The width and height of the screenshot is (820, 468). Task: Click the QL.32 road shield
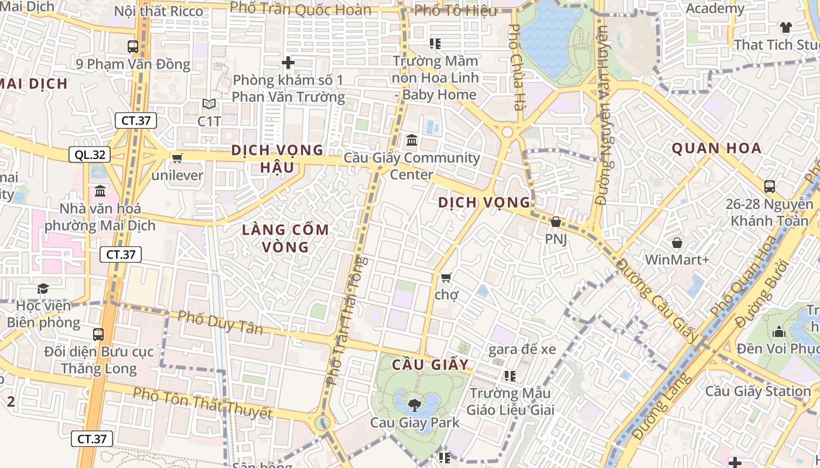click(x=90, y=154)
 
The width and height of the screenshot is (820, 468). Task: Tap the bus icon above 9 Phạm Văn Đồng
click(x=133, y=47)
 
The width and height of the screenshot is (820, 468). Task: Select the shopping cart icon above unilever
click(x=177, y=157)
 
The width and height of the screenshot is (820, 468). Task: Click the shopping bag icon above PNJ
click(x=555, y=222)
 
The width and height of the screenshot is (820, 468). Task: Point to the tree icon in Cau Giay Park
click(x=414, y=404)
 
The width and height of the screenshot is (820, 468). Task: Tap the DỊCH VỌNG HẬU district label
click(x=277, y=159)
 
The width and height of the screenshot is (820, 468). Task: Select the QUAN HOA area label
click(x=716, y=148)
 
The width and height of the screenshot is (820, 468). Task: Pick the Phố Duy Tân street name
click(x=220, y=322)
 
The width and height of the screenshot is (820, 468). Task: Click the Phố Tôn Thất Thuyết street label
click(x=203, y=402)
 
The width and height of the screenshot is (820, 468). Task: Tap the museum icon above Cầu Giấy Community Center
click(x=412, y=140)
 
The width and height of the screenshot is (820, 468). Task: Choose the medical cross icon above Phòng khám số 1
click(x=288, y=62)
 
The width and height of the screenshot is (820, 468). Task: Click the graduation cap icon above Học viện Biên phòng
click(x=43, y=288)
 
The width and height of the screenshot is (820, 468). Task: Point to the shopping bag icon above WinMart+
click(x=677, y=242)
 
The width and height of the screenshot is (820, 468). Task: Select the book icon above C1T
click(x=209, y=104)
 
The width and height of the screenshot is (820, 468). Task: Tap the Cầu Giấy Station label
click(x=758, y=391)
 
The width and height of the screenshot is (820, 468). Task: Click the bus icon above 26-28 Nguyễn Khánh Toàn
click(x=770, y=187)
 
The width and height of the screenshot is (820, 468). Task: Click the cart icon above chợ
click(x=446, y=277)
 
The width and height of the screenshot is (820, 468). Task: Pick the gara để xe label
click(x=522, y=350)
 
